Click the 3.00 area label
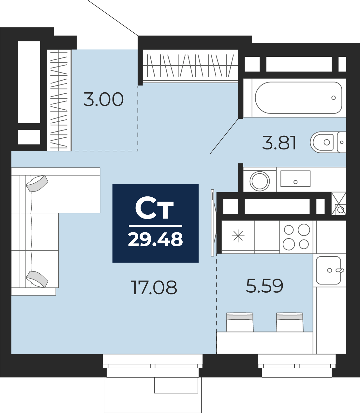coord(103,99)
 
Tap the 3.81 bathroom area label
coord(279,143)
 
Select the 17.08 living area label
coord(154,287)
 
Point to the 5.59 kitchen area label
coord(264,285)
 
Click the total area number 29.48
coord(156,239)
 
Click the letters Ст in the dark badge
coord(154,209)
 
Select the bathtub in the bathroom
coord(298,98)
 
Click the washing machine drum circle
coord(260,181)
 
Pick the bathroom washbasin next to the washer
coord(295,178)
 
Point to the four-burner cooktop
coord(296,237)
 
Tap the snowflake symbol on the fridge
coord(238,236)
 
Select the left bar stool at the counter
coord(240,322)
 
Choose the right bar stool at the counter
coord(290,322)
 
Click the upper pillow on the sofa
coord(37,183)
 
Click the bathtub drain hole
coord(334,98)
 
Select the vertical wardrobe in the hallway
coord(59,100)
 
